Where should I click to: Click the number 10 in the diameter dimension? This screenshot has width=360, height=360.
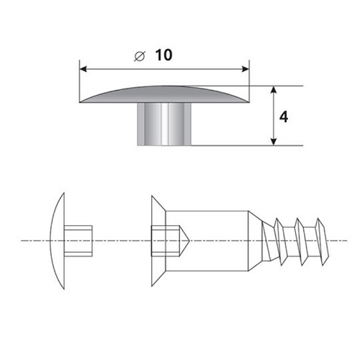(164, 55)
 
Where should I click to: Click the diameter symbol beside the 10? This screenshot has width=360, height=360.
(140, 57)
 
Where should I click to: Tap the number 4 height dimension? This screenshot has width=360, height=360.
(284, 117)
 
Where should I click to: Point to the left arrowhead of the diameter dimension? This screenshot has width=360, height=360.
(83, 69)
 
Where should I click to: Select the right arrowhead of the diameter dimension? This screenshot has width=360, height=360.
(246, 69)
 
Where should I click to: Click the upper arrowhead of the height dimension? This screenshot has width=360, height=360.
(274, 90)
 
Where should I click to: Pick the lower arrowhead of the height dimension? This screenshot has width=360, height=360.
(274, 142)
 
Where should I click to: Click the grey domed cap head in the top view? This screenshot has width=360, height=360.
(164, 95)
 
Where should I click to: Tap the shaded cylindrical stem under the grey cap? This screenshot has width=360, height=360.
(164, 124)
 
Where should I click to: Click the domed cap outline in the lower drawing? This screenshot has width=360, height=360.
(54, 240)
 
